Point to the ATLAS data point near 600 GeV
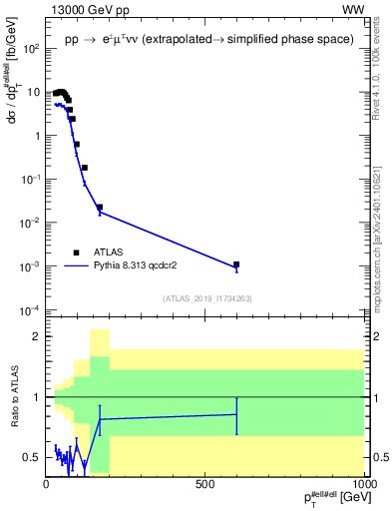[236, 265]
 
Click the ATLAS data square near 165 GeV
[99, 208]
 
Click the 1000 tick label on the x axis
[361, 484]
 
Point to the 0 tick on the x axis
[47, 484]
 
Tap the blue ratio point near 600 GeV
[236, 414]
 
